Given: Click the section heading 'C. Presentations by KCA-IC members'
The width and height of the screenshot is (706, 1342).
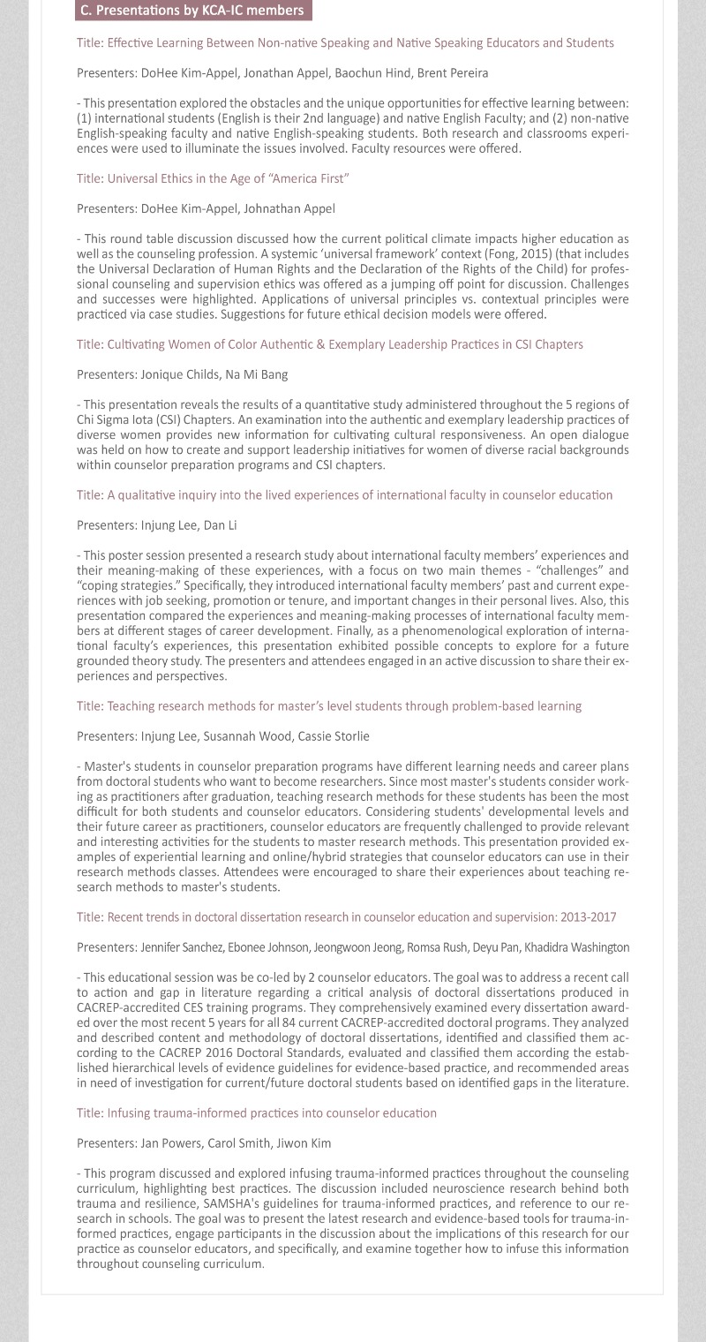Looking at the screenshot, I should [x=192, y=11].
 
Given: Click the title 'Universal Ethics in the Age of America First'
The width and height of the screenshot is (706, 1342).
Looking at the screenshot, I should [x=213, y=178].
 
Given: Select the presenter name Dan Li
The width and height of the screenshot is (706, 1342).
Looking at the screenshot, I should [x=221, y=525].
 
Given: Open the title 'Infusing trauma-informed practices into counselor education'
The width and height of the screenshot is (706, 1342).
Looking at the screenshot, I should [x=256, y=1113].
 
